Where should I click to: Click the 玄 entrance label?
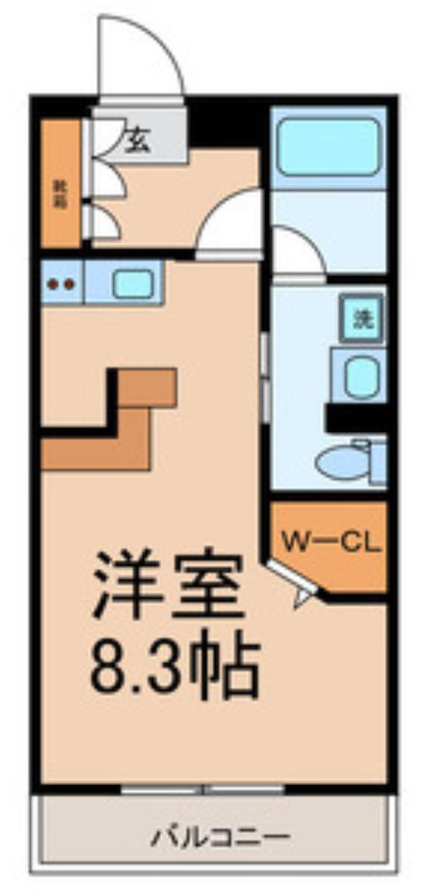coord(138,139)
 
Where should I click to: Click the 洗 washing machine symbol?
coord(361,318)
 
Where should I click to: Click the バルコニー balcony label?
coord(220,834)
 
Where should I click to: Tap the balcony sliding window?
coord(204,790)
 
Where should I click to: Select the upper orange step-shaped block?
coord(147,386)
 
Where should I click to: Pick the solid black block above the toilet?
coord(356,419)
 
